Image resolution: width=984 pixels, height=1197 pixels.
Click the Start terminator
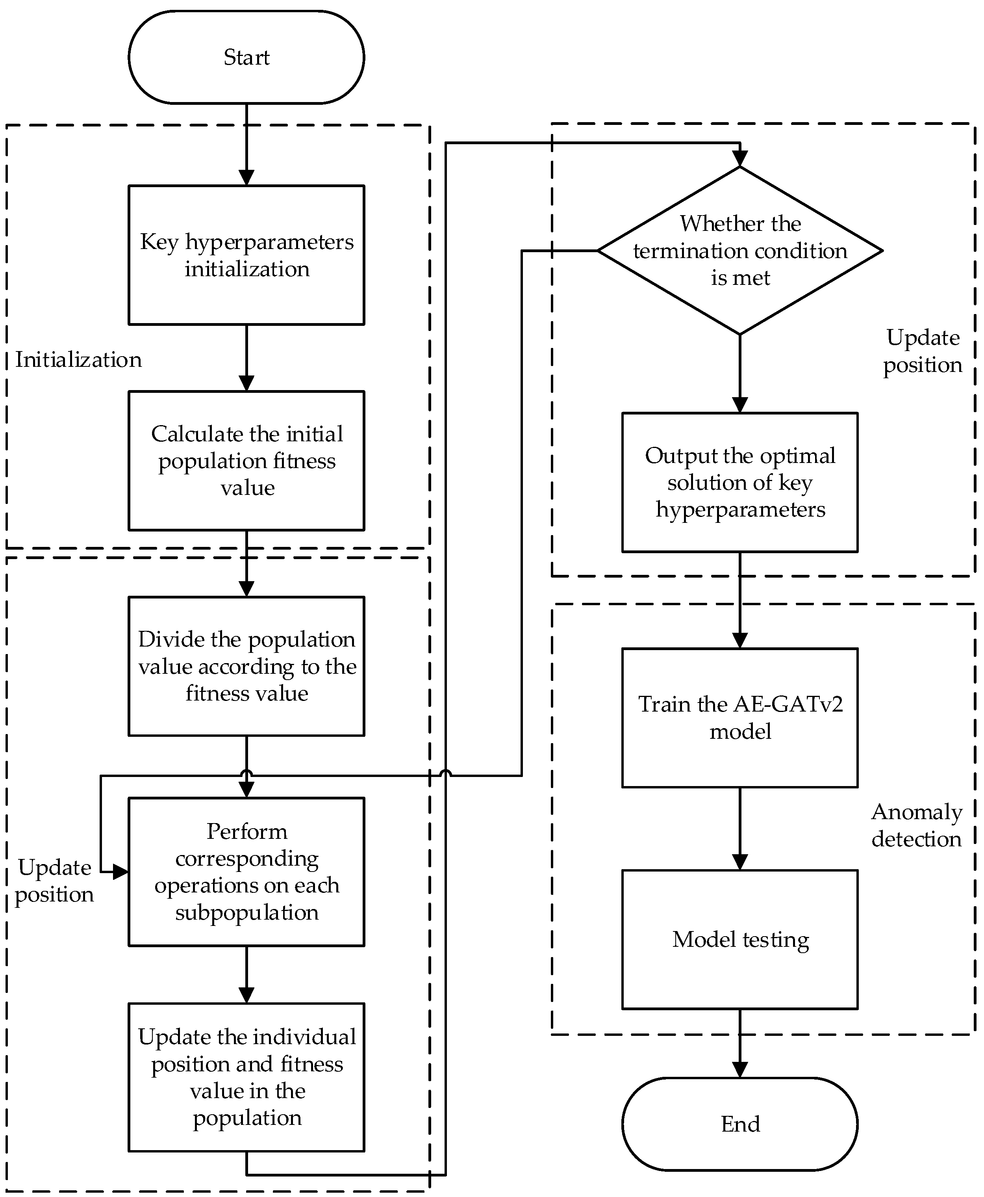pyautogui.click(x=246, y=57)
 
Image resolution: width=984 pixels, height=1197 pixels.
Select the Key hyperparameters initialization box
pyautogui.click(x=246, y=255)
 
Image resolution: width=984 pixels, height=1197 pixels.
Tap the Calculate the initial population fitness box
pyautogui.click(x=246, y=461)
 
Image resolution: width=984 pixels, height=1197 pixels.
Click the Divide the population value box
pyautogui.click(x=246, y=666)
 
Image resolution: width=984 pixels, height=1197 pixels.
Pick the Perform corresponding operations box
pyautogui.click(x=246, y=872)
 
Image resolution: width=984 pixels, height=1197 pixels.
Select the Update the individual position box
pyautogui.click(x=246, y=1077)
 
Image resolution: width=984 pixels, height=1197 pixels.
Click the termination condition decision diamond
pyautogui.click(x=740, y=250)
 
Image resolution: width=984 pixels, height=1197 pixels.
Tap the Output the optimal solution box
pyautogui.click(x=740, y=482)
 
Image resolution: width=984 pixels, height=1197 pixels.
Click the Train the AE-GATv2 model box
pyautogui.click(x=740, y=717)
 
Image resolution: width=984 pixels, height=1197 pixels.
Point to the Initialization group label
pyautogui.click(x=78, y=359)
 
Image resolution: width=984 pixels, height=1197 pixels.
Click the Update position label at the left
pyautogui.click(x=54, y=881)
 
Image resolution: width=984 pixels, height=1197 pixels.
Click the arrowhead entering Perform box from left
pyautogui.click(x=120, y=872)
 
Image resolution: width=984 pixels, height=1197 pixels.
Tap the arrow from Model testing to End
pyautogui.click(x=740, y=1043)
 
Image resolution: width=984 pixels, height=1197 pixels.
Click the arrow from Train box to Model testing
pyautogui.click(x=740, y=829)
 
